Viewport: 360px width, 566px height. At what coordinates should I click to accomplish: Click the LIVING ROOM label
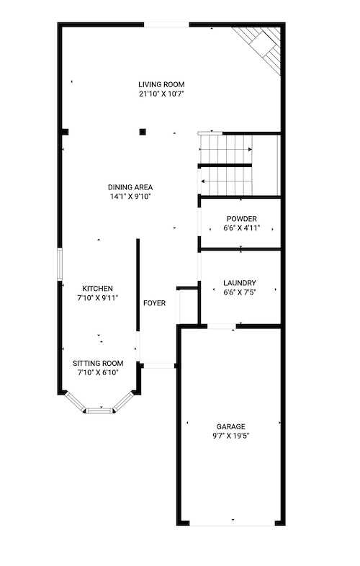pos(161,84)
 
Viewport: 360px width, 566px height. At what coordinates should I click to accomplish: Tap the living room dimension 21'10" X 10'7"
pos(161,94)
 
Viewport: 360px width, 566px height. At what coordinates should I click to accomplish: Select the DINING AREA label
pos(130,187)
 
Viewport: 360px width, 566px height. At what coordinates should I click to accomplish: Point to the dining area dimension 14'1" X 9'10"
pos(130,197)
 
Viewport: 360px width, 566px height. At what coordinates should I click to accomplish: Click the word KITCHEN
pos(97,289)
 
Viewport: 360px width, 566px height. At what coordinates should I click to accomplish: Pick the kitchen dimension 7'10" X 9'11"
pos(97,298)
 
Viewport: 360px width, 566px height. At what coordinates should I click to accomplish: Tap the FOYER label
pos(155,303)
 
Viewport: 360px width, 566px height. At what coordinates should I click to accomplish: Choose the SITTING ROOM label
pos(98,363)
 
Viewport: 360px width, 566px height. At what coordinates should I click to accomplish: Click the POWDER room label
pos(242,219)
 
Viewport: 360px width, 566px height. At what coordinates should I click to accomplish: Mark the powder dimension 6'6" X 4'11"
pos(242,228)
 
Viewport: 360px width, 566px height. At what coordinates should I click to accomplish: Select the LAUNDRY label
pos(240,283)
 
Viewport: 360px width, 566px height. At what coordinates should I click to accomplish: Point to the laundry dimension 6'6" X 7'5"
pos(240,292)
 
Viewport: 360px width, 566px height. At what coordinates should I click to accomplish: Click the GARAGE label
pos(230,426)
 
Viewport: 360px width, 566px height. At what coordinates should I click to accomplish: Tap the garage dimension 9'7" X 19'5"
pos(230,436)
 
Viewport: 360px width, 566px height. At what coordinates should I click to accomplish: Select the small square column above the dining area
pos(143,132)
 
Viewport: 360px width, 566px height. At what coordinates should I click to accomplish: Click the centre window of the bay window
pos(99,410)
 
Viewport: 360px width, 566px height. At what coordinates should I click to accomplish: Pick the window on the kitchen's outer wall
pos(60,264)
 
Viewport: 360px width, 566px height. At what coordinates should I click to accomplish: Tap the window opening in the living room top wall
pos(167,25)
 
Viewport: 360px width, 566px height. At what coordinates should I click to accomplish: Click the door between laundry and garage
pos(221,326)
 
